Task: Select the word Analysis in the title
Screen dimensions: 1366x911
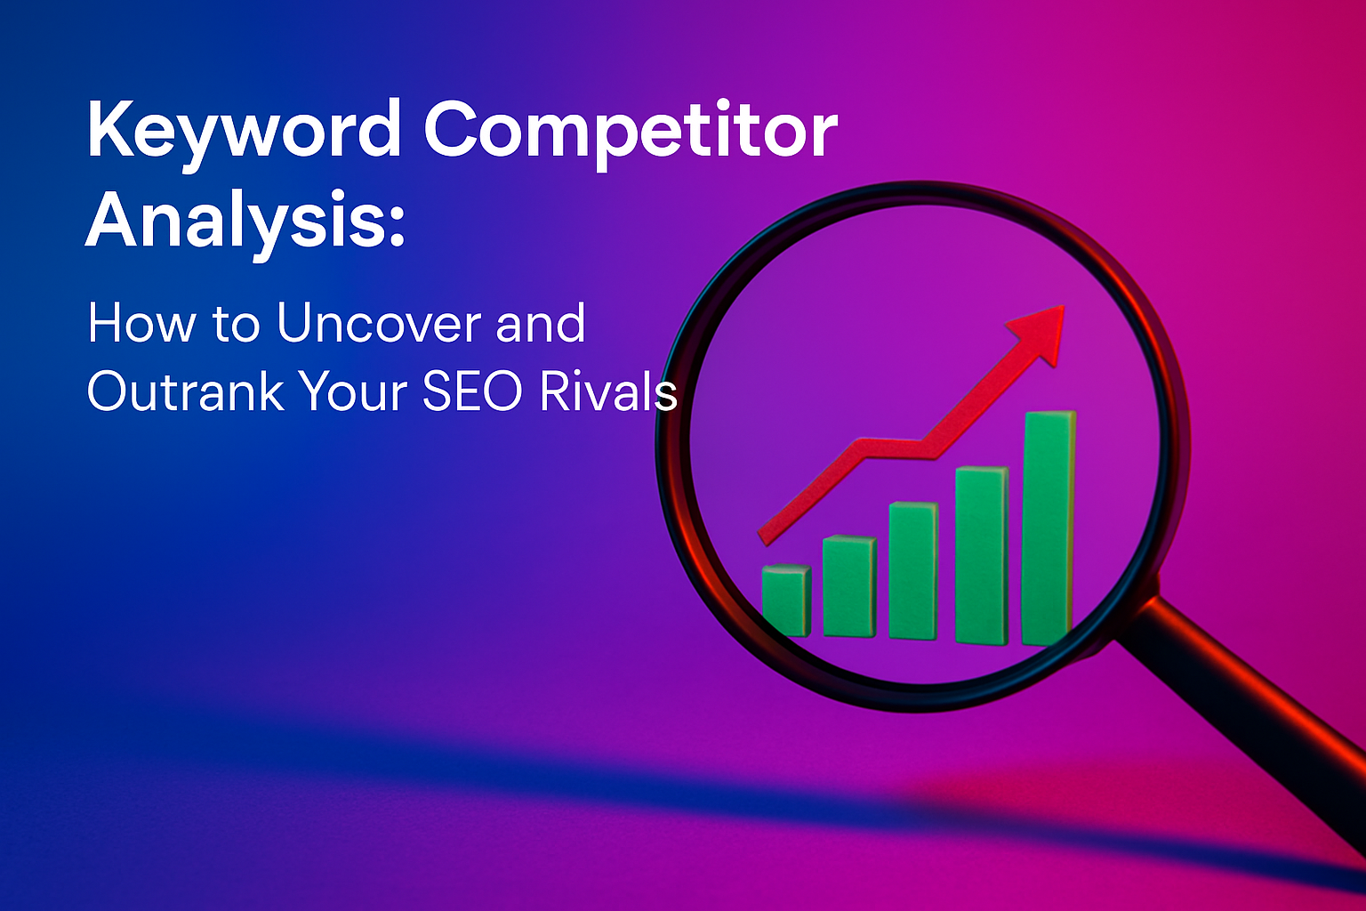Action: coord(234,223)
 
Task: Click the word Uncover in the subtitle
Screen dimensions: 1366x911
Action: coord(379,324)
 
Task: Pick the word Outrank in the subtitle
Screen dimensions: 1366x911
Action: coord(186,391)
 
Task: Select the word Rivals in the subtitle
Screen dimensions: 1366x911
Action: coord(608,391)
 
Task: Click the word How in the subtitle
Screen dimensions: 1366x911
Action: coord(141,324)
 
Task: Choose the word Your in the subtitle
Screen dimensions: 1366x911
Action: coord(352,391)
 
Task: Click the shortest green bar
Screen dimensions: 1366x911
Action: coord(786,601)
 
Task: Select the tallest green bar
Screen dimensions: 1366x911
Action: coord(1049,528)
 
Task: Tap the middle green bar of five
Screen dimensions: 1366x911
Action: coord(913,570)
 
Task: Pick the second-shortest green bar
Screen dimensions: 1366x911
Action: coord(849,585)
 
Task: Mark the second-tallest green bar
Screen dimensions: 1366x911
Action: coord(981,555)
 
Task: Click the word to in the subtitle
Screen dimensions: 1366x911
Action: coord(236,326)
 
